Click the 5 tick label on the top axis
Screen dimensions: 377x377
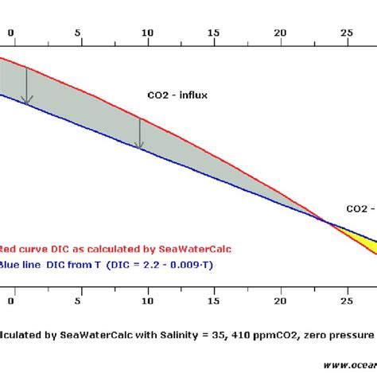(77, 33)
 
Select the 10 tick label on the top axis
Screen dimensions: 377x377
(145, 33)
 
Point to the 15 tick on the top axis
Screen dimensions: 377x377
(212, 33)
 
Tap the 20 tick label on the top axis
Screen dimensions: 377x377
(280, 33)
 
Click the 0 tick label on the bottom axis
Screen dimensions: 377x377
(10, 301)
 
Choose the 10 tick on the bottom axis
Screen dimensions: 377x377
(145, 301)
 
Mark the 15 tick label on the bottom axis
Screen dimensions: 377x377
(212, 301)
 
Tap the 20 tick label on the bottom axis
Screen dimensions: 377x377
(280, 301)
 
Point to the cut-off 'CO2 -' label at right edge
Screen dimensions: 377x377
(360, 208)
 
